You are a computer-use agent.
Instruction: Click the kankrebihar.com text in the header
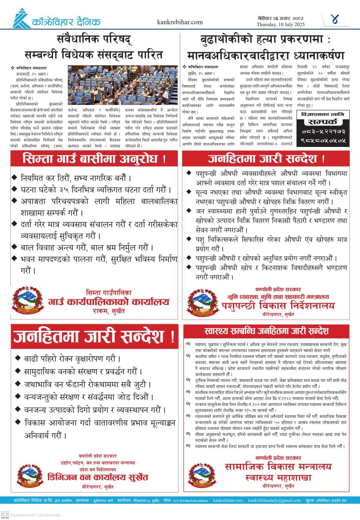tap(180, 22)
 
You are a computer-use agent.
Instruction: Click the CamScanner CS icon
tap(5, 514)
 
